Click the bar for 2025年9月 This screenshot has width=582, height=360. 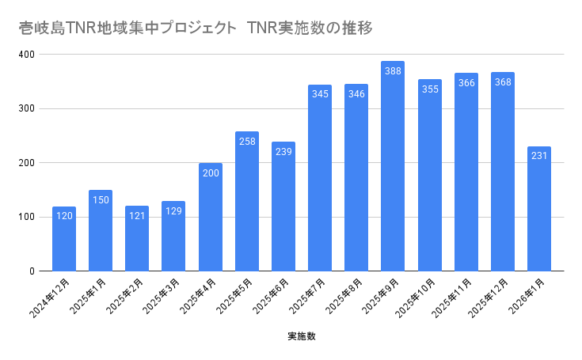tap(393, 174)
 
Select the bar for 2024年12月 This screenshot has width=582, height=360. tap(64, 241)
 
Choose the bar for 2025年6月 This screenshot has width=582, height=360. tap(283, 210)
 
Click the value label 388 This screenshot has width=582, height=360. tap(393, 71)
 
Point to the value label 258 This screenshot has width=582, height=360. tap(247, 142)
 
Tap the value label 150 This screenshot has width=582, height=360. tap(101, 200)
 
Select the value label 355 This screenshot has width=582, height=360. tap(429, 89)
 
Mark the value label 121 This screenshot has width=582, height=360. tap(137, 216)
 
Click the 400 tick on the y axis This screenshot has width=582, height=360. tap(28, 55)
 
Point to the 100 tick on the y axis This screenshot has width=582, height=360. tap(28, 217)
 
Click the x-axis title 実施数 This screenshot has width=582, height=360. tap(302, 336)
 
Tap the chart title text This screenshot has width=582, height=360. tap(195, 28)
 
